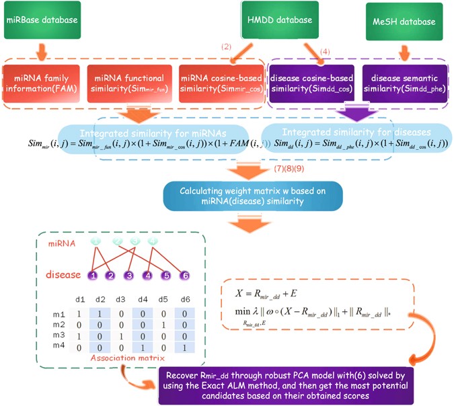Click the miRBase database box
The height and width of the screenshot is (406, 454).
pos(40,21)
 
